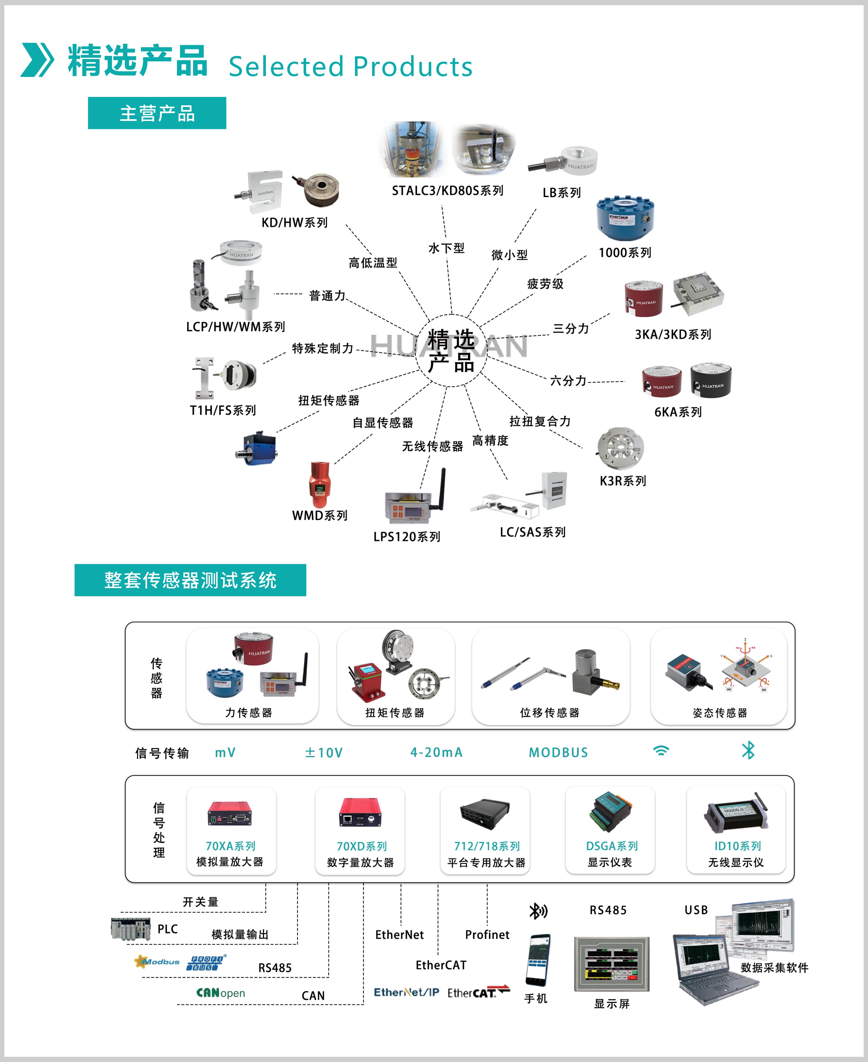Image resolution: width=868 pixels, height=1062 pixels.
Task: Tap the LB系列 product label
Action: click(561, 193)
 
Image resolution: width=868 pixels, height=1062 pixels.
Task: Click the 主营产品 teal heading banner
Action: click(157, 113)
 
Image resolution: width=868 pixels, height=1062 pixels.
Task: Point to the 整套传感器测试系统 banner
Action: click(190, 580)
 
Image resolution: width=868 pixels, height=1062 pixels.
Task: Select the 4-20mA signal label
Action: click(436, 752)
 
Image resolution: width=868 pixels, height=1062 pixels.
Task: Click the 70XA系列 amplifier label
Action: click(230, 846)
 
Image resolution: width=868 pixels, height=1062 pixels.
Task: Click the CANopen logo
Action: click(220, 993)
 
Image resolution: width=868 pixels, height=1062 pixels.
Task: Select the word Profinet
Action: click(487, 934)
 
